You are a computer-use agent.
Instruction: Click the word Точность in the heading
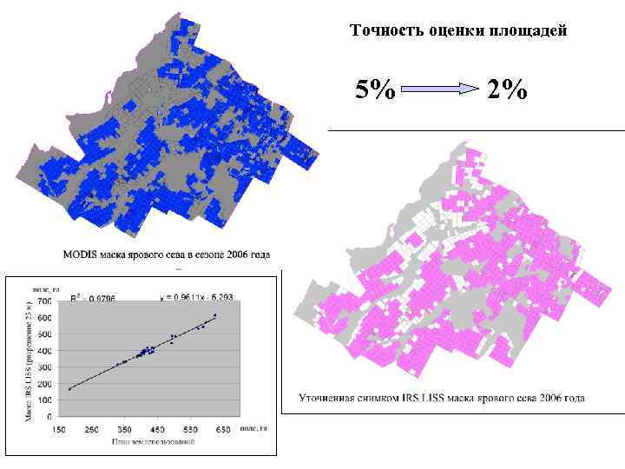378,31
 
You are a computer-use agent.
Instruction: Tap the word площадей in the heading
531,31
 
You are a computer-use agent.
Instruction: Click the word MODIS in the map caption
80,255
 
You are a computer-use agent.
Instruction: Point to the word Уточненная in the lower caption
326,399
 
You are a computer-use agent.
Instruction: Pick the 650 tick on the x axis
222,429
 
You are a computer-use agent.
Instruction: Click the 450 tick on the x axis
157,429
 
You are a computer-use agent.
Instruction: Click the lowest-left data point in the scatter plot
70,388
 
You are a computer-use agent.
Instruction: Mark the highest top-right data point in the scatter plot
214,316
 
